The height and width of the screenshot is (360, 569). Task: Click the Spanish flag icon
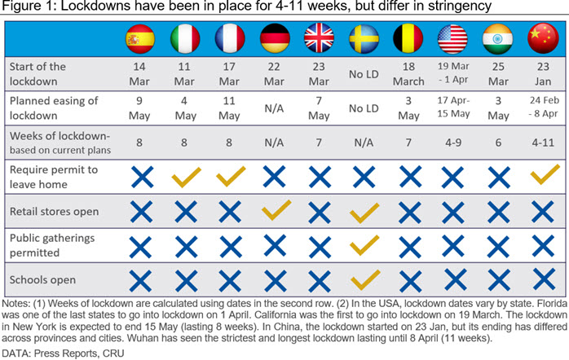click(140, 39)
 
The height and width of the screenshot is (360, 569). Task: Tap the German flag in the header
click(275, 38)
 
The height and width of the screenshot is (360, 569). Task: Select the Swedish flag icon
click(364, 39)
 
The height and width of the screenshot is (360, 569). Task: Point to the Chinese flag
click(543, 38)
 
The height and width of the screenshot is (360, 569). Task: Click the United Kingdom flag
click(319, 38)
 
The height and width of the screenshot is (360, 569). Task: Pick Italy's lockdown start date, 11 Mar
click(184, 74)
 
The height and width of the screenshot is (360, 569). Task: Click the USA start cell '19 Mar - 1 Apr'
click(453, 72)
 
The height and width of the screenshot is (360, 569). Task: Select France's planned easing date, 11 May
click(229, 108)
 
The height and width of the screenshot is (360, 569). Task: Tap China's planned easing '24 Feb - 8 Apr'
click(543, 107)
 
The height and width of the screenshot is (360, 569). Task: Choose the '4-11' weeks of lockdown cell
click(543, 143)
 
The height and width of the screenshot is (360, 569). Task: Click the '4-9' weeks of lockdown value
click(453, 143)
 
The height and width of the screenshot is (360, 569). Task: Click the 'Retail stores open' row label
click(54, 212)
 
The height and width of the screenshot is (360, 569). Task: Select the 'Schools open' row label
click(42, 280)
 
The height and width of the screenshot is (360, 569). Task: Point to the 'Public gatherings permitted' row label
click(52, 245)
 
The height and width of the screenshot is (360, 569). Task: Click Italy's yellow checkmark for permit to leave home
click(186, 177)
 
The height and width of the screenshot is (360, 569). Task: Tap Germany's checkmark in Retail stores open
click(276, 209)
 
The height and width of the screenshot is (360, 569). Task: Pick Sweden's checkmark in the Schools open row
click(365, 279)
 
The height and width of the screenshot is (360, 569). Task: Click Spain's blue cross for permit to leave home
click(142, 177)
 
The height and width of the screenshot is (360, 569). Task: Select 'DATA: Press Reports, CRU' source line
click(63, 353)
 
